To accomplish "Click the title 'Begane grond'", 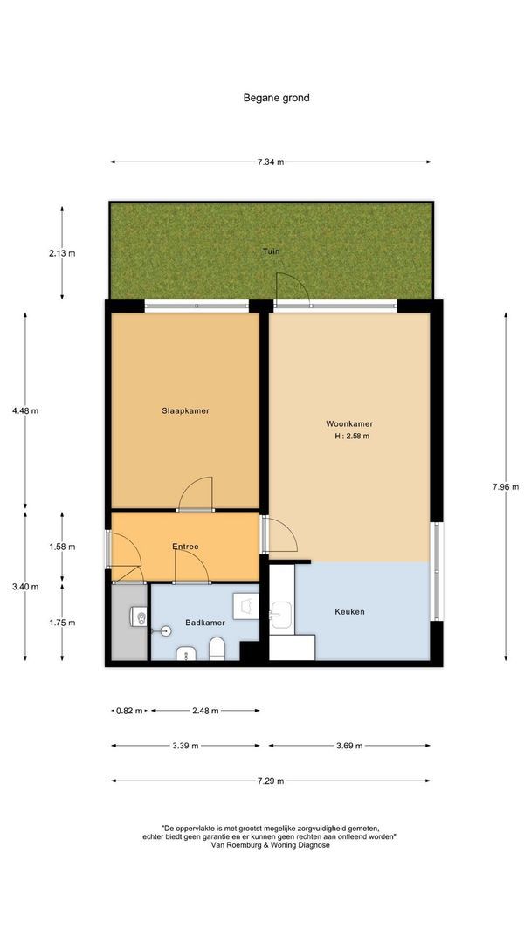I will pos(276,98).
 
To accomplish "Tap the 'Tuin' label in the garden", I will pos(272,251).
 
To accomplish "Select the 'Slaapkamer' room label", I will pos(185,410).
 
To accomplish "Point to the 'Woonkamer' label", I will pos(349,423).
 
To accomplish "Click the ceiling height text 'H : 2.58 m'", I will pos(350,437).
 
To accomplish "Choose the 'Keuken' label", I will pos(349,612).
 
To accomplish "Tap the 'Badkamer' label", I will pos(205,623).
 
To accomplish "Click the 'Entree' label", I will pos(185,547).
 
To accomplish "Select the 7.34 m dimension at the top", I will pos(271,162).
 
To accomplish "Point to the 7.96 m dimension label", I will pos(505,487).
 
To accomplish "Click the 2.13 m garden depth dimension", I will pos(62,253).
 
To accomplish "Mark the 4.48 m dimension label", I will pos(25,410).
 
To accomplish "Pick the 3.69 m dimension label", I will pos(348,746).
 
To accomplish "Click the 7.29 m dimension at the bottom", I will pos(270,781).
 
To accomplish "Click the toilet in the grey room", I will pos(138,616).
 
